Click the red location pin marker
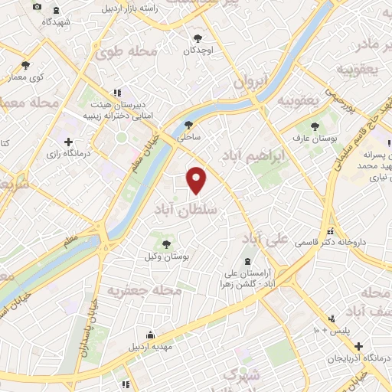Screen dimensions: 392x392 198,181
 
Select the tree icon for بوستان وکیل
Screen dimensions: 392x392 166,243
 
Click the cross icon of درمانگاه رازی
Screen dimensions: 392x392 69,142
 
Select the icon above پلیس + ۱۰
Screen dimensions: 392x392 331,318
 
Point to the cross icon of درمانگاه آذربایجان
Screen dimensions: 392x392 358,346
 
